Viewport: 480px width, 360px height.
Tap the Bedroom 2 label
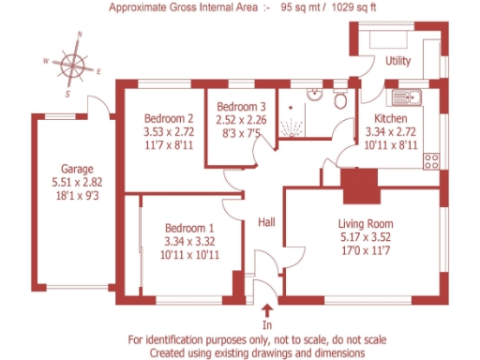(169, 119)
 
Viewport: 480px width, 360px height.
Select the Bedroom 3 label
(231, 107)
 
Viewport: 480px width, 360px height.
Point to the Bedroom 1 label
(189, 228)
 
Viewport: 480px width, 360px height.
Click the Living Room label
(366, 224)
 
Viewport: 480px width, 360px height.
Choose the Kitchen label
(392, 120)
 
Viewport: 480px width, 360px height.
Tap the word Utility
(399, 61)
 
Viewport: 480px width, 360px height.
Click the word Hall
(267, 222)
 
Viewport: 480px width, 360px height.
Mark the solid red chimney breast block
(357, 185)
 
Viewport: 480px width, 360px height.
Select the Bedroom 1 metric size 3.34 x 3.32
(189, 241)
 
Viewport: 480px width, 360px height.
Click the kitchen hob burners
(433, 159)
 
